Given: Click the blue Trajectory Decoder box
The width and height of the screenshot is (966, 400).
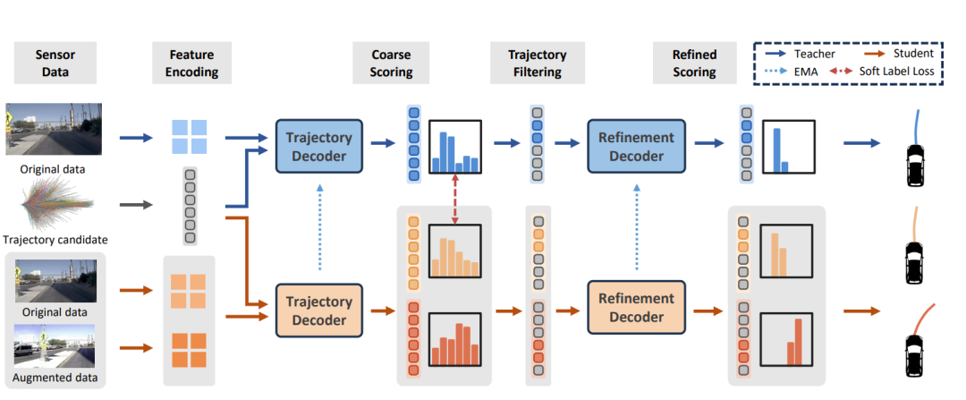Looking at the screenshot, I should tap(319, 146).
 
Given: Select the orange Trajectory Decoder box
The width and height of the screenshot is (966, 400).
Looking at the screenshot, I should tap(319, 309).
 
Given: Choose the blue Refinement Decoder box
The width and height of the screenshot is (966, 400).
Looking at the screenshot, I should tap(631, 146).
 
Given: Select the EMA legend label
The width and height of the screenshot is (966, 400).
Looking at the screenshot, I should tap(809, 71).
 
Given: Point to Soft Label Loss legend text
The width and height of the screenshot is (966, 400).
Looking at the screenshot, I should tap(903, 71).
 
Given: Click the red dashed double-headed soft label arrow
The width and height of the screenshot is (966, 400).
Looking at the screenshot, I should tap(455, 205).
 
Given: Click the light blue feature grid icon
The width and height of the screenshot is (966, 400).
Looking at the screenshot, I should tap(189, 137).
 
